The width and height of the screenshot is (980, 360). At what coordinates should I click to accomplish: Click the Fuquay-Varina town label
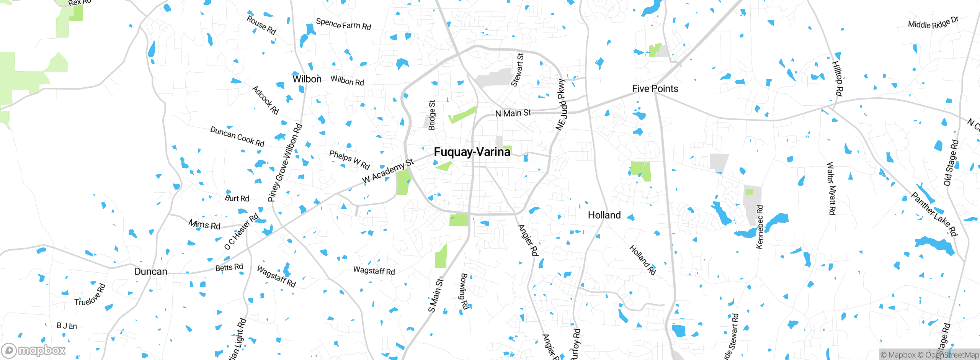tap(472, 152)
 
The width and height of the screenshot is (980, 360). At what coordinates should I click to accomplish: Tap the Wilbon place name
tap(307, 79)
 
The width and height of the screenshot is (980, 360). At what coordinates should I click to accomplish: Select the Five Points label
tap(655, 89)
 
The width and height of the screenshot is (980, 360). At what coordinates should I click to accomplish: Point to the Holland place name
tap(604, 215)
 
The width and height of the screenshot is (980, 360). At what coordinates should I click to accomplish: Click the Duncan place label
tap(151, 272)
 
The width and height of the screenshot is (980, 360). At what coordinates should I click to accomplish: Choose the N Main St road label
tap(513, 113)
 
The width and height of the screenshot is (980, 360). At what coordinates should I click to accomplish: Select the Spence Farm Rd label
tap(343, 25)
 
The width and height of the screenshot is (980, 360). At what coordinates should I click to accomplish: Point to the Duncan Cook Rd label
tap(237, 137)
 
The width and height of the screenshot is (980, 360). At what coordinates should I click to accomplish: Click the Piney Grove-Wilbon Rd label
tap(285, 163)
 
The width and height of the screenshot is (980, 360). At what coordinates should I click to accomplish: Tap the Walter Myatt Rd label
tap(831, 188)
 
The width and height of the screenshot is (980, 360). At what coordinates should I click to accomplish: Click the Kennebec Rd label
tap(760, 227)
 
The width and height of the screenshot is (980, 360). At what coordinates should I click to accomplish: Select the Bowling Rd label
tap(464, 291)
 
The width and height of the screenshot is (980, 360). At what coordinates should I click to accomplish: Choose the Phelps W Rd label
tap(350, 160)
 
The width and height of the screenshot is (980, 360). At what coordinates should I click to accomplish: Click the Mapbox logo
tap(34, 350)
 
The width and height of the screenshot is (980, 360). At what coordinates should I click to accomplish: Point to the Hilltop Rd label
tap(837, 79)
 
